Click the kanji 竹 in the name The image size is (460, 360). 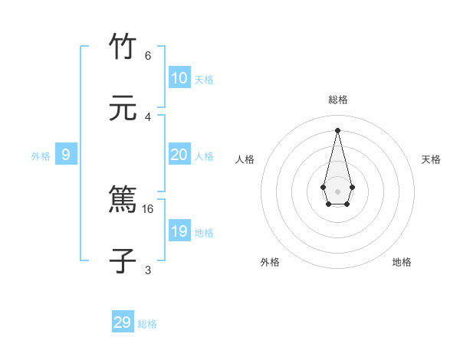pyautogui.click(x=123, y=47)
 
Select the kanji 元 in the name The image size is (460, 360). pyautogui.click(x=123, y=109)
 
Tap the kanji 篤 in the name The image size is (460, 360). pyautogui.click(x=123, y=201)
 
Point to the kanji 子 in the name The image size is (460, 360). pyautogui.click(x=123, y=261)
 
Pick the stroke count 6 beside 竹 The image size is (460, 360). pyautogui.click(x=148, y=55)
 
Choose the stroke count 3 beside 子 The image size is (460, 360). pyautogui.click(x=148, y=270)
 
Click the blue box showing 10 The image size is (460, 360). pyautogui.click(x=179, y=78)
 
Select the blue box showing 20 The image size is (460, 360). pyautogui.click(x=179, y=155)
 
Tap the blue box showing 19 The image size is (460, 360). pyautogui.click(x=179, y=231)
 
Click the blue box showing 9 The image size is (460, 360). pyautogui.click(x=66, y=155)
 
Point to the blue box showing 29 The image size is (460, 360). pyautogui.click(x=123, y=322)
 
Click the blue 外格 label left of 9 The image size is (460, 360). pyautogui.click(x=41, y=156)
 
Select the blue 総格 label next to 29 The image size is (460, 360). pyautogui.click(x=147, y=324)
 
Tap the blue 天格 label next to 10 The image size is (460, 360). pyautogui.click(x=204, y=80)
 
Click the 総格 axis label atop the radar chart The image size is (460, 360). pyautogui.click(x=338, y=100)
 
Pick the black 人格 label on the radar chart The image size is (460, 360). pyautogui.click(x=245, y=159)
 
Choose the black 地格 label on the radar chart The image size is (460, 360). pyautogui.click(x=402, y=262)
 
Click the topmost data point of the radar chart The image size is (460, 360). pyautogui.click(x=338, y=130)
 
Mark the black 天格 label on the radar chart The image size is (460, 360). pyautogui.click(x=431, y=159)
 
